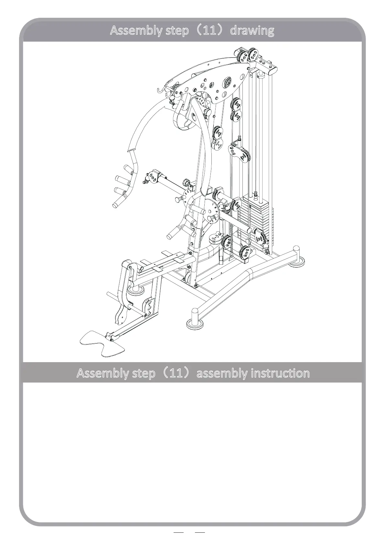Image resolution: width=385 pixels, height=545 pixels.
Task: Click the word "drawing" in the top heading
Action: [x=252, y=30]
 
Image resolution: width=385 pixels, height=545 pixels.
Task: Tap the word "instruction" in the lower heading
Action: [x=280, y=373]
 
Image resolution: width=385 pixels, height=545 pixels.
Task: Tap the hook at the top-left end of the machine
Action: [x=160, y=90]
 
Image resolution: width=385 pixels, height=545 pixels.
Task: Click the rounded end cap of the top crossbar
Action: [x=273, y=69]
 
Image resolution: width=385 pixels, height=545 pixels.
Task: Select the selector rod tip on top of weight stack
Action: [x=256, y=193]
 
